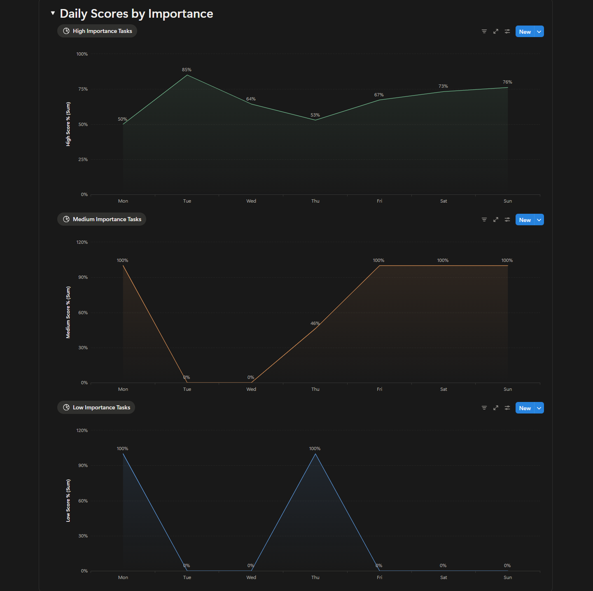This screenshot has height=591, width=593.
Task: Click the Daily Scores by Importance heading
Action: tap(136, 14)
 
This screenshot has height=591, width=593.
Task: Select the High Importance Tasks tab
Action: tap(97, 31)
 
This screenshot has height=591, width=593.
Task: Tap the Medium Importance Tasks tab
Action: tap(102, 219)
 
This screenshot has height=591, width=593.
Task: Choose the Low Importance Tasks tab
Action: tap(96, 407)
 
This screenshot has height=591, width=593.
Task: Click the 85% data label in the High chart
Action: tap(187, 70)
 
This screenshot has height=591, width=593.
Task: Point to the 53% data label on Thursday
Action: tap(315, 115)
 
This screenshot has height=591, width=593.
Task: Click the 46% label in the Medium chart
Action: tap(315, 323)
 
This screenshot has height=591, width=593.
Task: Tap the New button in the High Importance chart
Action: tap(525, 32)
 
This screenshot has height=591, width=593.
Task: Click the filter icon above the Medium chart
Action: tap(484, 220)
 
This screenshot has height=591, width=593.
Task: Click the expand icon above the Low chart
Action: tap(496, 408)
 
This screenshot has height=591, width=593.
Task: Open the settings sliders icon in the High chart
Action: tap(507, 31)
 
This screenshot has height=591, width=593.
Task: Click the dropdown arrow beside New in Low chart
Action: tap(539, 408)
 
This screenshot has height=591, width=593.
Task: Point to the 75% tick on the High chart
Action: tap(83, 89)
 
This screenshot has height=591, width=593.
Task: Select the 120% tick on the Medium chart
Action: tap(82, 242)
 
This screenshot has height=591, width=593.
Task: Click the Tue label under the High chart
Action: tap(187, 201)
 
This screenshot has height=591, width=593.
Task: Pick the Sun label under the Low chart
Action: tap(508, 577)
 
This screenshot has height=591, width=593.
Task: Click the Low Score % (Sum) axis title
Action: tap(68, 500)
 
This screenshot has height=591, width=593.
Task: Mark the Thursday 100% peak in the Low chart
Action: tap(315, 454)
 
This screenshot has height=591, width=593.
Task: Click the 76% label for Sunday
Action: tap(507, 82)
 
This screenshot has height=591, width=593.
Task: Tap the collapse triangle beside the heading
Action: tap(53, 13)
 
